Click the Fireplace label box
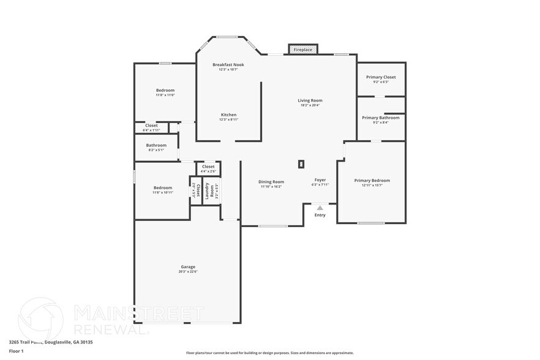pos(303,49)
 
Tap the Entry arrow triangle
pos(320,208)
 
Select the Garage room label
pos(188,266)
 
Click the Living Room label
pos(310,100)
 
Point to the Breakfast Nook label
pos(228,64)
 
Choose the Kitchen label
pos(228,114)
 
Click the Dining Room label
pos(271,181)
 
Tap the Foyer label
pos(320,179)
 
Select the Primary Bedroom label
pos(372,181)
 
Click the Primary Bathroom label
pos(380,118)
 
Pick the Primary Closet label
pos(381,77)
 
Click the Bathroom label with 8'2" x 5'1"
pos(156,145)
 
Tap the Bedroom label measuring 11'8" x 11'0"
pos(165,90)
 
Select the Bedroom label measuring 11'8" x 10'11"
pos(163,187)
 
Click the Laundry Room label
pos(208,190)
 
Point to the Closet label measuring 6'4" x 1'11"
pos(151,126)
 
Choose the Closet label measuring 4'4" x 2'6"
pos(208,167)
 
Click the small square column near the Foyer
pos(301,163)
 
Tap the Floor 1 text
pos(16,351)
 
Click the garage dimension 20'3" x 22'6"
pos(188,271)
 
